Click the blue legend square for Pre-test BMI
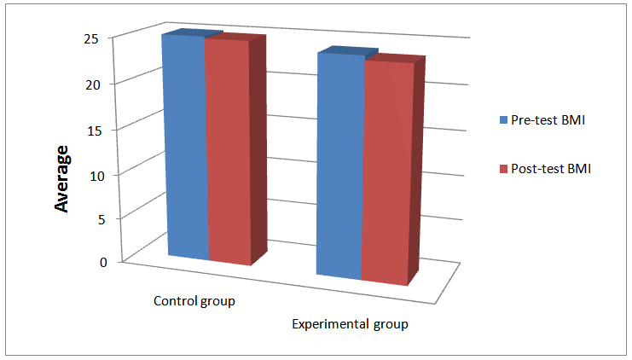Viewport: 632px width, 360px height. click(504, 120)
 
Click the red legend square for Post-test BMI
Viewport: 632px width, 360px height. click(504, 169)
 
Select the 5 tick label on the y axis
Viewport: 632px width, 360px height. click(102, 218)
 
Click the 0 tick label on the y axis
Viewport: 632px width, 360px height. click(102, 263)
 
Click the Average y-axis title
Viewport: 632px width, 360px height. click(61, 180)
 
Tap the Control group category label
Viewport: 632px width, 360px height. click(194, 302)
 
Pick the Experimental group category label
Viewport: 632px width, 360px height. click(351, 324)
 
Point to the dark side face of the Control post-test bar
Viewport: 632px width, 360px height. click(258, 150)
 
